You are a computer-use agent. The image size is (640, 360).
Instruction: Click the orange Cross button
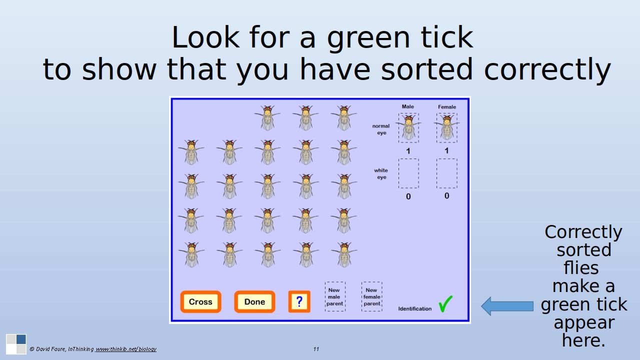200,301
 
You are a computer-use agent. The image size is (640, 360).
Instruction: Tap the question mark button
299,301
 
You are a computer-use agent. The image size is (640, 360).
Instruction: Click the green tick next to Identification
445,304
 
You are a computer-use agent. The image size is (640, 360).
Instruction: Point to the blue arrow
507,306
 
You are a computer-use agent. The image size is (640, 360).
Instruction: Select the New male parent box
335,296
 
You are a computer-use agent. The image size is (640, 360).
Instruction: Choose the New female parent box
371,296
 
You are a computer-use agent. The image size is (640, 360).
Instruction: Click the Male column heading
407,106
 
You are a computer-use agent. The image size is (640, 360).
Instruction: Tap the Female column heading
447,107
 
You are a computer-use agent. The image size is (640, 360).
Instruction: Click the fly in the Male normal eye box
408,127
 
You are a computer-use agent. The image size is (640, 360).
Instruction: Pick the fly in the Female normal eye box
447,127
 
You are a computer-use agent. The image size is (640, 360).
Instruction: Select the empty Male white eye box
408,173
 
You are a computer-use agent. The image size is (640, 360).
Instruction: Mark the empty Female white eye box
447,173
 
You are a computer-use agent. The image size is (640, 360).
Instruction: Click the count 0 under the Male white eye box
408,196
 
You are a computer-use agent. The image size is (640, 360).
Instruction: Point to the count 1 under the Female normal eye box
447,150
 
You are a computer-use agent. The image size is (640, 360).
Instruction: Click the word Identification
415,308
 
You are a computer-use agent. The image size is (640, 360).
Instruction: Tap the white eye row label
381,173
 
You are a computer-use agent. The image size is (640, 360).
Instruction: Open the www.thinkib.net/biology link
125,349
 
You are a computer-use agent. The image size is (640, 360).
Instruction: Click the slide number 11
316,349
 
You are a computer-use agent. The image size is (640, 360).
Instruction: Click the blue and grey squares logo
16,344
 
